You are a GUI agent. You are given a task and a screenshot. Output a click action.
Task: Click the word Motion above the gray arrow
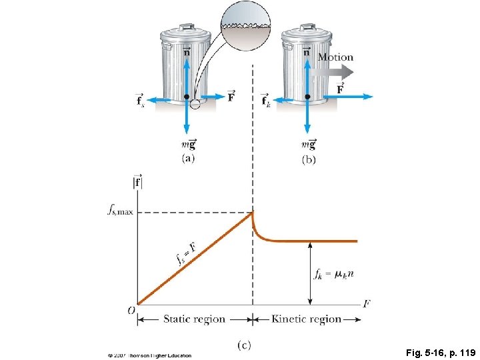pyautogui.click(x=335, y=57)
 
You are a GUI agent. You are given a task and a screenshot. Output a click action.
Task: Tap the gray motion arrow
pyautogui.click(x=337, y=72)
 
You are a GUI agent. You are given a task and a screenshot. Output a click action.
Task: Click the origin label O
pyautogui.click(x=131, y=309)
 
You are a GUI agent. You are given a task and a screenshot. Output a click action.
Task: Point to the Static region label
pyautogui.click(x=195, y=319)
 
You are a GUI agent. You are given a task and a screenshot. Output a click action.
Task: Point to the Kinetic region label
pyautogui.click(x=307, y=319)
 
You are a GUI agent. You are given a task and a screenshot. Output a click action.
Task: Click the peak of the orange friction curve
pyautogui.click(x=252, y=213)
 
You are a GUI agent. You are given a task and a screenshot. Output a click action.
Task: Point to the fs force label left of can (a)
pyautogui.click(x=139, y=100)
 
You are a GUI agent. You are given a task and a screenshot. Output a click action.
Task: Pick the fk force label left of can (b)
pyautogui.click(x=265, y=100)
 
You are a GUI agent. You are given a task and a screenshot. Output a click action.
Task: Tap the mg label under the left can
pyautogui.click(x=187, y=143)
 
